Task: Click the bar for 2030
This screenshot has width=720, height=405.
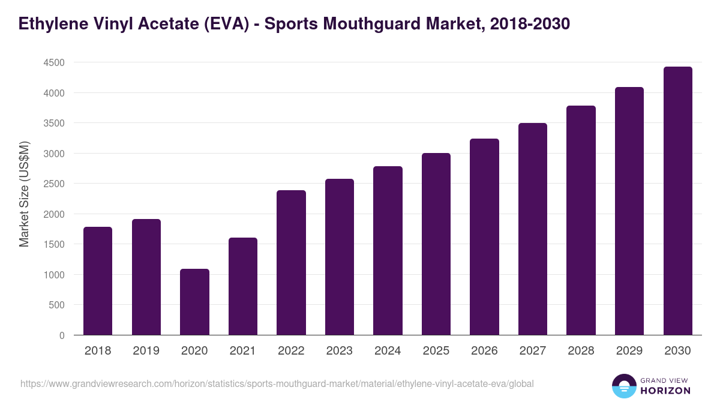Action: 677,201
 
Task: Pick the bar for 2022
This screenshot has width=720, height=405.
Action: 291,263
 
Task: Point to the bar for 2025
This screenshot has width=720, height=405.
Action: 436,244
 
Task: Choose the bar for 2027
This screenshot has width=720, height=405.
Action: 532,229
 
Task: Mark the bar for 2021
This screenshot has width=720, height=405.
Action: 243,286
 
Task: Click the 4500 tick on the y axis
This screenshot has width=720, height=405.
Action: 53,62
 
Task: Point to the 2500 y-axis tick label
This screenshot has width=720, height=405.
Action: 53,184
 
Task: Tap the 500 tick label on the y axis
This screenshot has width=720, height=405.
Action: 56,305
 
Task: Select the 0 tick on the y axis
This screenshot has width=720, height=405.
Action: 62,335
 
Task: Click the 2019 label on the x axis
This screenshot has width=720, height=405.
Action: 146,351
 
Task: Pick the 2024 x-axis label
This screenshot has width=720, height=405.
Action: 388,351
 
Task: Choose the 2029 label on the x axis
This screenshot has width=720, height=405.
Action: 629,351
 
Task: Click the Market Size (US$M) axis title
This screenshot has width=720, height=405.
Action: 24,194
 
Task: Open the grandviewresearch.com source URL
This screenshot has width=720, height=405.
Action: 277,383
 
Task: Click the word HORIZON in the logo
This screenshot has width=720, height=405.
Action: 665,391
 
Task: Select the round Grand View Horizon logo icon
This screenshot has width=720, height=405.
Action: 623,386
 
